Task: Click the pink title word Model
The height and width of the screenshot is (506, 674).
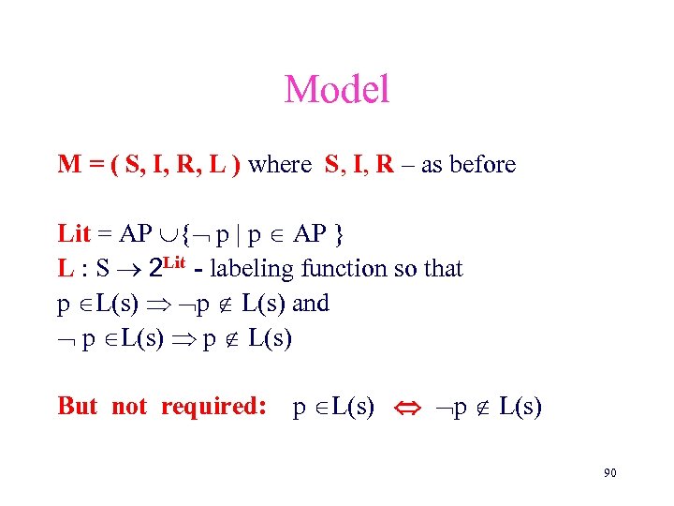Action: coord(336,90)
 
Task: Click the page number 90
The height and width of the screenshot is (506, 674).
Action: coord(609,473)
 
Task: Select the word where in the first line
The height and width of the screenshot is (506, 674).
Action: coord(281,165)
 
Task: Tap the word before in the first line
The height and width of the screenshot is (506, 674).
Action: coord(482,165)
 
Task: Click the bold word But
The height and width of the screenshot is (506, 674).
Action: coord(78,406)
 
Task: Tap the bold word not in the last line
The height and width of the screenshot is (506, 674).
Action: coord(130,406)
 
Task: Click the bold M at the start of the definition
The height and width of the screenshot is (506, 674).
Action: coord(68,165)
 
